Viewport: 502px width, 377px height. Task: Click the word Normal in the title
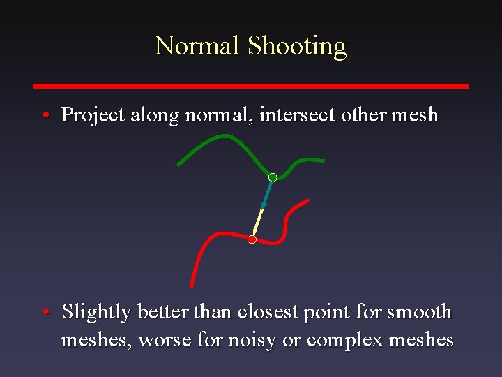pyautogui.click(x=197, y=46)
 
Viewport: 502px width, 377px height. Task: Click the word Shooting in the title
pyautogui.click(x=297, y=46)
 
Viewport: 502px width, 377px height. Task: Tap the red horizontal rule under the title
pyautogui.click(x=251, y=86)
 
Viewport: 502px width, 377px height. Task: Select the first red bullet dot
pyautogui.click(x=44, y=115)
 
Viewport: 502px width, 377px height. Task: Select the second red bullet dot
pyautogui.click(x=44, y=312)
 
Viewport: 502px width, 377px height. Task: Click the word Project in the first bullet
pyautogui.click(x=93, y=115)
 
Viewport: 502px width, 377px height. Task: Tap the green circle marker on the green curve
pyautogui.click(x=273, y=177)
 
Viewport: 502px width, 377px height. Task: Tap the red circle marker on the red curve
pyautogui.click(x=252, y=239)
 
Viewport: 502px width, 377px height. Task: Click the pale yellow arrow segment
pyautogui.click(x=257, y=222)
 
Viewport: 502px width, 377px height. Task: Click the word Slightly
pyautogui.click(x=96, y=312)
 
